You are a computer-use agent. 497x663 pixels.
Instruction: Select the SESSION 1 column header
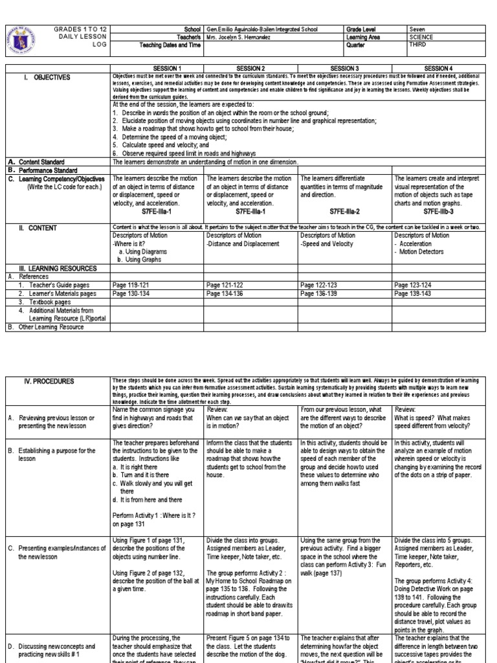tap(158, 69)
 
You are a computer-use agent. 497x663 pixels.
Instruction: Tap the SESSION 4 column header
tap(439, 69)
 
